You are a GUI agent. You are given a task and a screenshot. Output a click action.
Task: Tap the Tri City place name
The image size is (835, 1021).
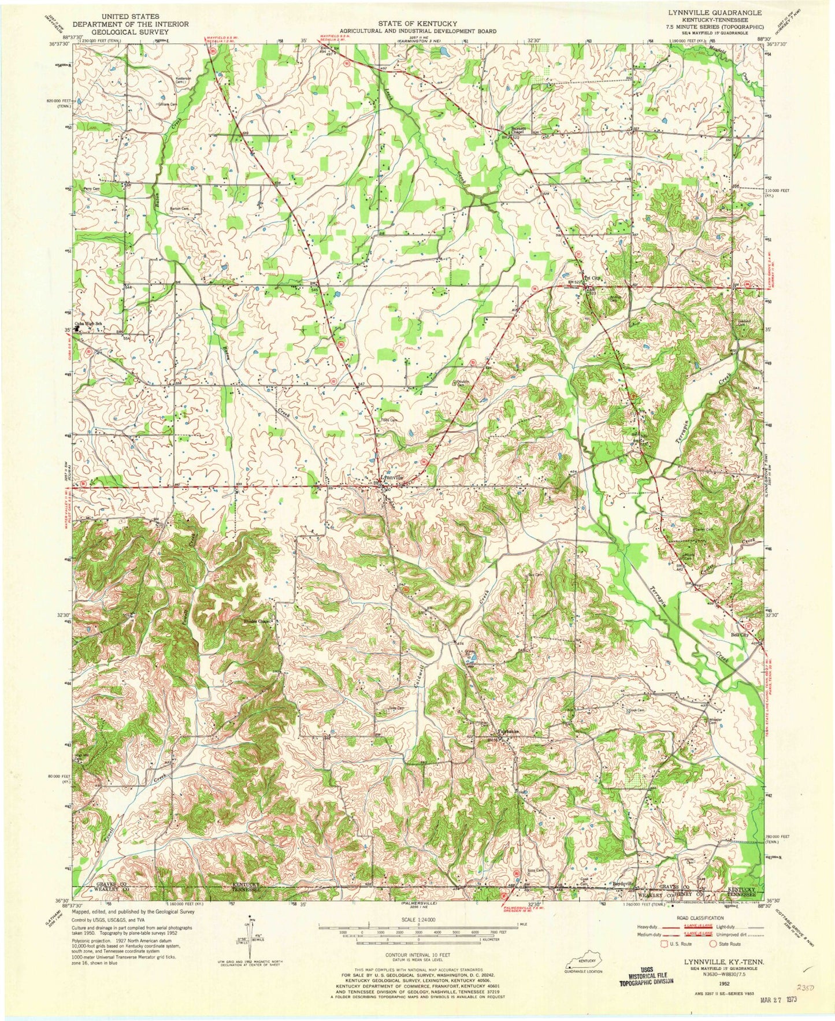tap(593, 278)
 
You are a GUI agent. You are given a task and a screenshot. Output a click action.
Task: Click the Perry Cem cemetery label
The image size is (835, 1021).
tap(92, 188)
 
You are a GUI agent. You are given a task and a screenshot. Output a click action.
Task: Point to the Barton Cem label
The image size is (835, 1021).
tap(179, 208)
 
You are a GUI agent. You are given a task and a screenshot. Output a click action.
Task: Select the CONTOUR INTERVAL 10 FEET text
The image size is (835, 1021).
tap(417, 957)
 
